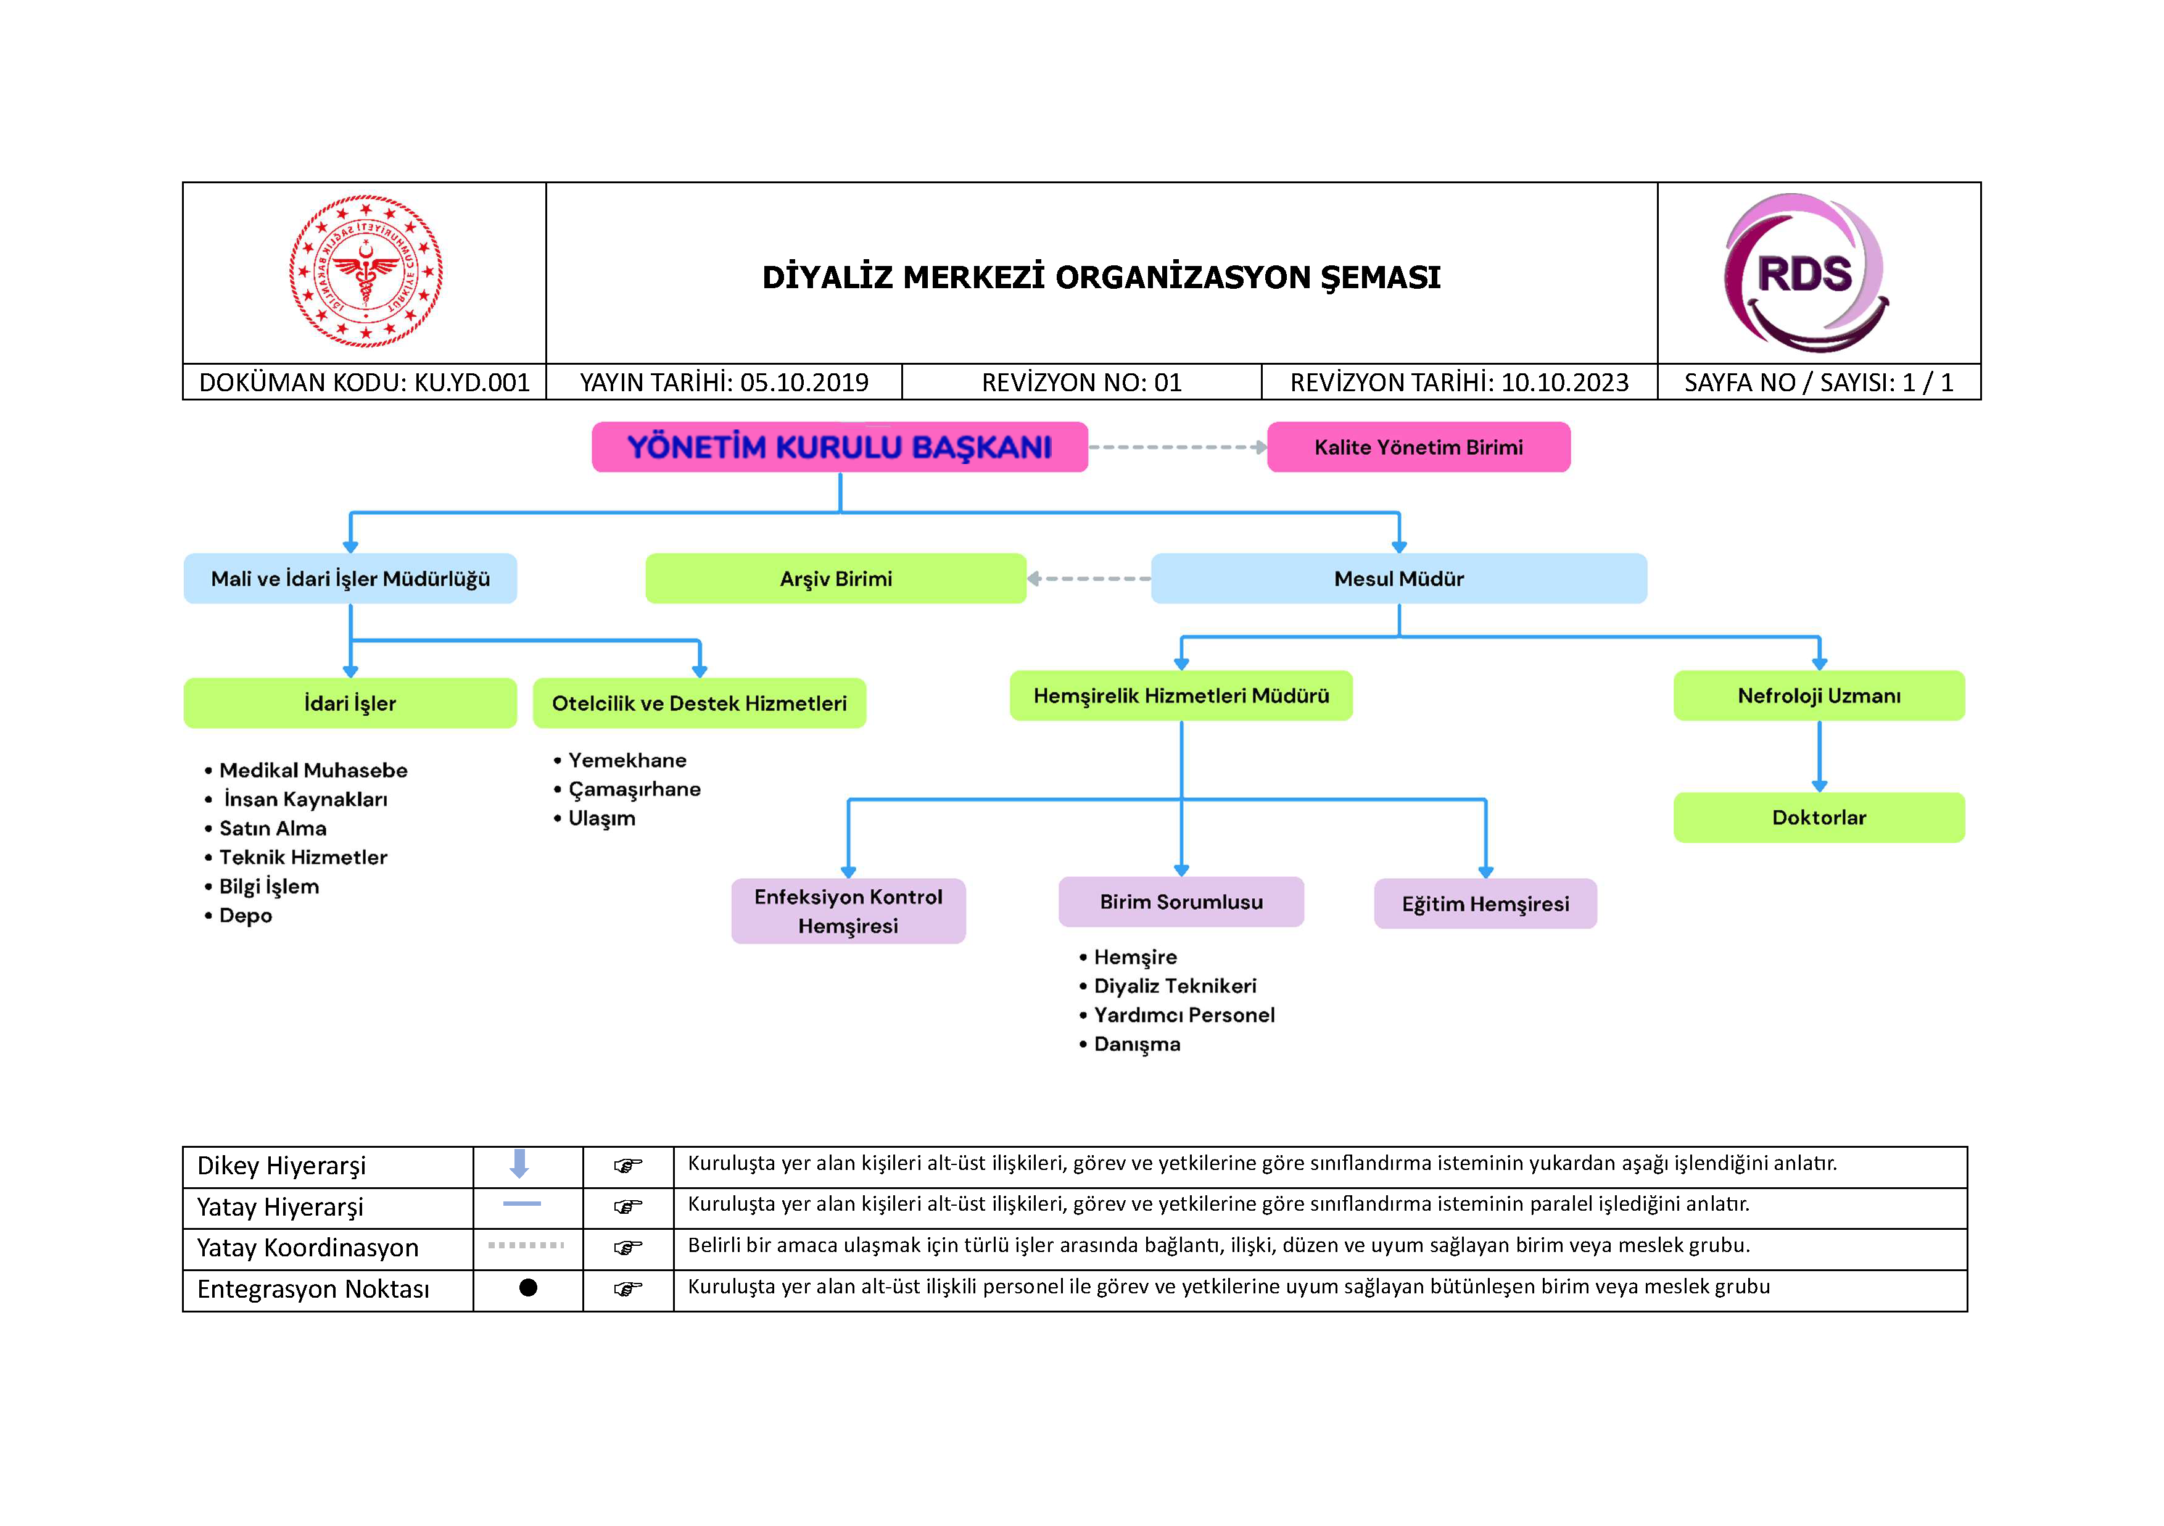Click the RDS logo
pos(1805,273)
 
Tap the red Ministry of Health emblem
pos(366,272)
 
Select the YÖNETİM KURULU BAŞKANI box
pos(839,447)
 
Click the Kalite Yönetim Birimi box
pos(1418,447)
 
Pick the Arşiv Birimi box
pos(835,579)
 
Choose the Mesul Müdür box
pos(1398,579)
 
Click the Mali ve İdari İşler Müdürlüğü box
pos(350,579)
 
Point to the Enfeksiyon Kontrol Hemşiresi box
pos(848,911)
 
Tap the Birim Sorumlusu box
pos(1181,902)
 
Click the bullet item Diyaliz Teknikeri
pos(1175,986)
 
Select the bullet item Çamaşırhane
pos(634,789)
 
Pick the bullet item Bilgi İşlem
pos(268,886)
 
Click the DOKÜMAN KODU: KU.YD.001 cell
pos(364,383)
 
